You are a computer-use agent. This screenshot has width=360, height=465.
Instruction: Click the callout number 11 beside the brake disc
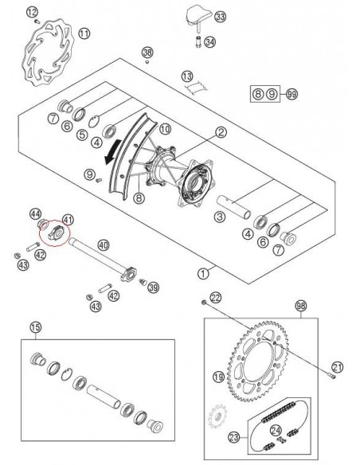(x=84, y=33)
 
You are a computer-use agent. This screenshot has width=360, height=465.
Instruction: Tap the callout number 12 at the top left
(x=32, y=11)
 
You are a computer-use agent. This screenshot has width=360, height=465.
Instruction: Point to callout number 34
(x=209, y=41)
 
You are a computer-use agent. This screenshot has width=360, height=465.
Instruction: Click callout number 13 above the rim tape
(x=187, y=76)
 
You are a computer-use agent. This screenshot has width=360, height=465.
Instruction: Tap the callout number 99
(x=292, y=95)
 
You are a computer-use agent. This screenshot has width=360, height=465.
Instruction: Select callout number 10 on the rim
(x=165, y=128)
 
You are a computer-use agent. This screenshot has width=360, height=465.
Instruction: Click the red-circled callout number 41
(x=68, y=218)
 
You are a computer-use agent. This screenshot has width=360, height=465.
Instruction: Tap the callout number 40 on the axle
(x=103, y=245)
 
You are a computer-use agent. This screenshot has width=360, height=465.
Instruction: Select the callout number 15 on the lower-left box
(x=35, y=327)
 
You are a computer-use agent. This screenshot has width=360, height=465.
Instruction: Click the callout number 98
(x=300, y=306)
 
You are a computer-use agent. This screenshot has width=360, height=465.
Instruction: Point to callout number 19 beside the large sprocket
(x=217, y=376)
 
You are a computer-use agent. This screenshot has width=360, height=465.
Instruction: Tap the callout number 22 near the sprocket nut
(x=216, y=297)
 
